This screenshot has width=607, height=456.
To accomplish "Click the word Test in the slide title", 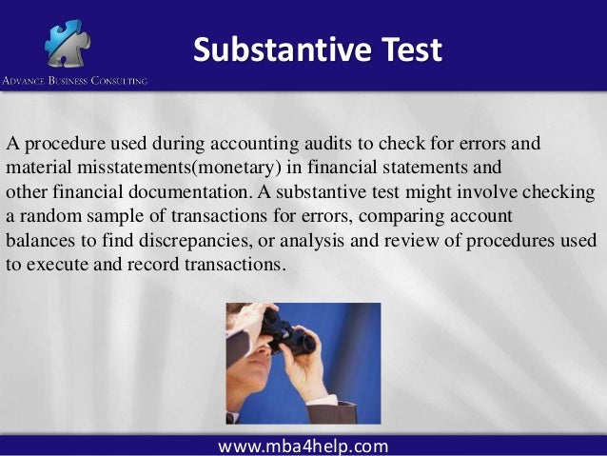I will [406, 50].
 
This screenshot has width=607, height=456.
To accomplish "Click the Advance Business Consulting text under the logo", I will [74, 81].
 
